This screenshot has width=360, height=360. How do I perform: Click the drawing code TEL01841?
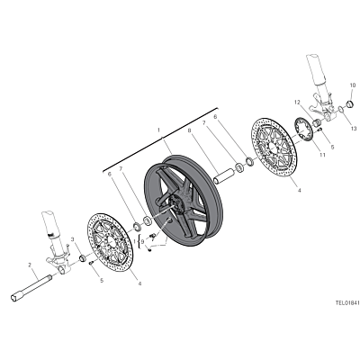(347, 303)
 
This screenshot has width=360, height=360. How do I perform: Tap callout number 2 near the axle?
(30, 265)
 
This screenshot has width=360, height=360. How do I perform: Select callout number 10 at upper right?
(352, 85)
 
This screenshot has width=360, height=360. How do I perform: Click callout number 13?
(354, 129)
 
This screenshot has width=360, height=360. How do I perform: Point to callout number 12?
(297, 103)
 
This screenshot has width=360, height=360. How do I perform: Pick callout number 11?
(322, 155)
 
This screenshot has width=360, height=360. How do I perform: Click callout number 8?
(189, 130)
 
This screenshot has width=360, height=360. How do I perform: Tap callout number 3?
(72, 239)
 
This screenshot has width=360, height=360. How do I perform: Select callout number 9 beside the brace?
(142, 241)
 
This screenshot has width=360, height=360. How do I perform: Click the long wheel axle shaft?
(31, 286)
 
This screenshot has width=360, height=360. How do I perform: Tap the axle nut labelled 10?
(350, 104)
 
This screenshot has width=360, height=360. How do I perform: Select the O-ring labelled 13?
(340, 110)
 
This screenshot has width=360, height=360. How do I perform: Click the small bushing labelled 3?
(82, 258)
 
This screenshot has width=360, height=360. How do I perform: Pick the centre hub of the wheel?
(174, 206)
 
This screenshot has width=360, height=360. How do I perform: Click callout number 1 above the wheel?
(159, 130)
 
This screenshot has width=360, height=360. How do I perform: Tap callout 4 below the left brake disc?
(139, 283)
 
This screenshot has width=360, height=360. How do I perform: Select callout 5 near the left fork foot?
(102, 280)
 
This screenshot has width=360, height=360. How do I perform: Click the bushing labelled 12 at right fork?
(316, 122)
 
